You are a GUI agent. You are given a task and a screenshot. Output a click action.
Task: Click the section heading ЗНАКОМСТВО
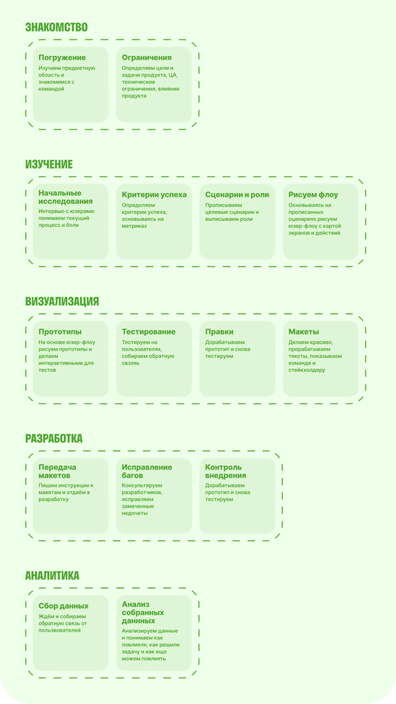pos(56,27)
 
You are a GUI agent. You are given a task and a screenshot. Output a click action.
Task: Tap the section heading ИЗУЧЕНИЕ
pos(49,164)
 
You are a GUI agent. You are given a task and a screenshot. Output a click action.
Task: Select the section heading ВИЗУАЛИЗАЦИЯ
pos(62,301)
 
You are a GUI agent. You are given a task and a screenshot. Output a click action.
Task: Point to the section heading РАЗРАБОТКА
pos(54,438)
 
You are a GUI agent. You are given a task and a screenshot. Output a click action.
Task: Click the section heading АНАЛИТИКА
pos(52,575)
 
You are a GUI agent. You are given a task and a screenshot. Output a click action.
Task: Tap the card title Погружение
pos(62,58)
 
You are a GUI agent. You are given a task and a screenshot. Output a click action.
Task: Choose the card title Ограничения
pos(147,58)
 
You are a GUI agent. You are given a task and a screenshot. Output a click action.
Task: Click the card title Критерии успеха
pos(154,194)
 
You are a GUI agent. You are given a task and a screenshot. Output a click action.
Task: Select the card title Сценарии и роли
pos(237,194)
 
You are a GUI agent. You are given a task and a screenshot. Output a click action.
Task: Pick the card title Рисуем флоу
pos(313,194)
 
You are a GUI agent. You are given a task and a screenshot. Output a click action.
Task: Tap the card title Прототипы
pos(60,331)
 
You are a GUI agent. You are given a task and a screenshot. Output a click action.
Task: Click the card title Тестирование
pos(148,331)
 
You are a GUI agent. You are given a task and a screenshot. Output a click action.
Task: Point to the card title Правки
pos(219,331)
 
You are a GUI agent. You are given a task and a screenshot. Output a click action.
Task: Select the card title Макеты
pos(304,331)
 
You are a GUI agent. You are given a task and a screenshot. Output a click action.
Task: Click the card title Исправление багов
pos(147,471)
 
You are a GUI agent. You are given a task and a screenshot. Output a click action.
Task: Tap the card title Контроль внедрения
pos(226,471)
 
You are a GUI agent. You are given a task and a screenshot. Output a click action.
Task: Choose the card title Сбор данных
pos(64,606)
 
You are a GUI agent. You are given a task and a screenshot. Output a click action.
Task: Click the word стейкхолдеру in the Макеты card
pos(307,370)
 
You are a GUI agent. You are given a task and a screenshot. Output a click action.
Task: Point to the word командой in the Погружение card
pos(51,89)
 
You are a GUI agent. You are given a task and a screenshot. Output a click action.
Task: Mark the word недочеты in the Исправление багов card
pos(135,513)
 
